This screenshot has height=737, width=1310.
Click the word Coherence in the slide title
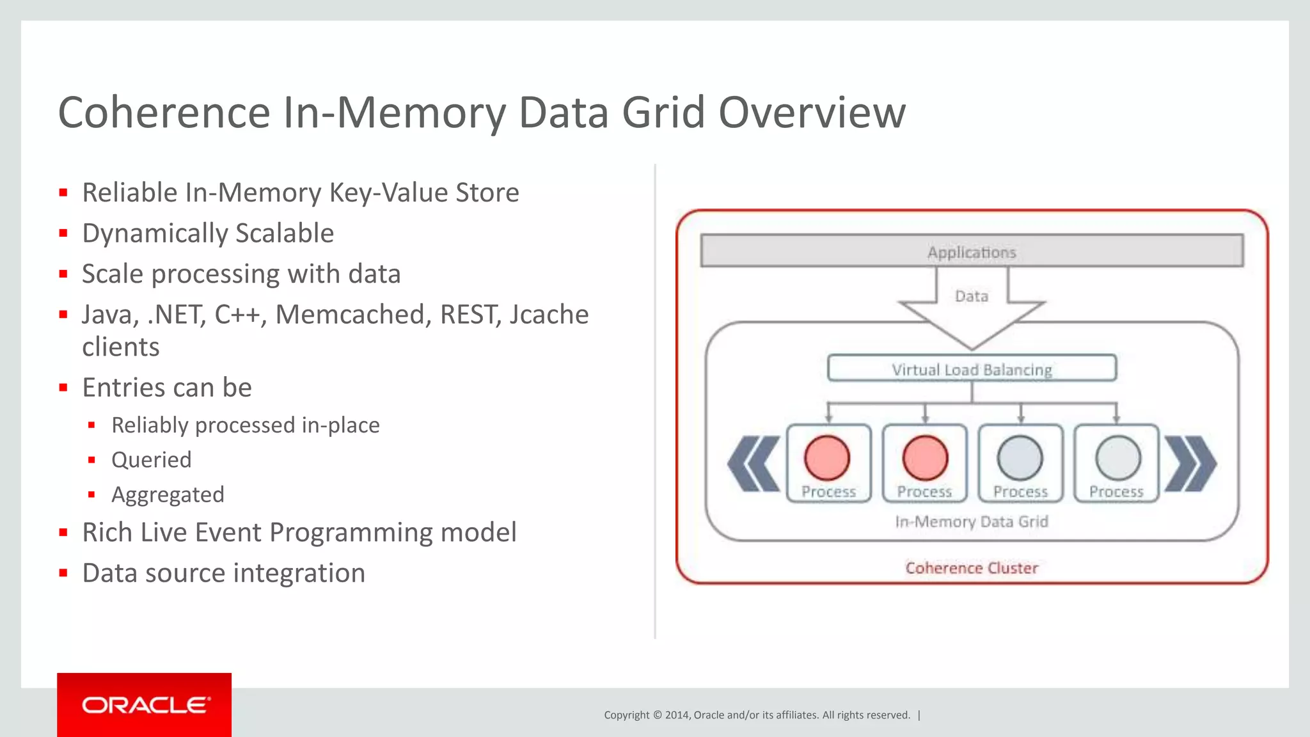164,113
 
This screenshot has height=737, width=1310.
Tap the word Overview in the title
812,113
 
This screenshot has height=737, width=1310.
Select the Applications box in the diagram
972,251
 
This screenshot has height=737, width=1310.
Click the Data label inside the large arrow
972,296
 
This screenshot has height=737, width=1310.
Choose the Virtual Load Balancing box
972,368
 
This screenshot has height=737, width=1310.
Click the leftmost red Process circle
827,457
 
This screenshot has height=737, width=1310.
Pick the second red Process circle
925,457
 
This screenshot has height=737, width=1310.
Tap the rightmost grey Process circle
1117,457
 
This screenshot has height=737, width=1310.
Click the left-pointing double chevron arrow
754,464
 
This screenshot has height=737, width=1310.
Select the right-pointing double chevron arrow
1190,464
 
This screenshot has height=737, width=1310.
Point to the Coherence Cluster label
972,568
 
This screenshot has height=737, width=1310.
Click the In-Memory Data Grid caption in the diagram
972,522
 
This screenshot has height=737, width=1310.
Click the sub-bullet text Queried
152,460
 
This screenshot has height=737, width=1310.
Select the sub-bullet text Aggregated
168,495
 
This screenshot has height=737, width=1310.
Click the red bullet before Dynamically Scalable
63,234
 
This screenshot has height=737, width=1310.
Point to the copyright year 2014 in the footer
677,715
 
